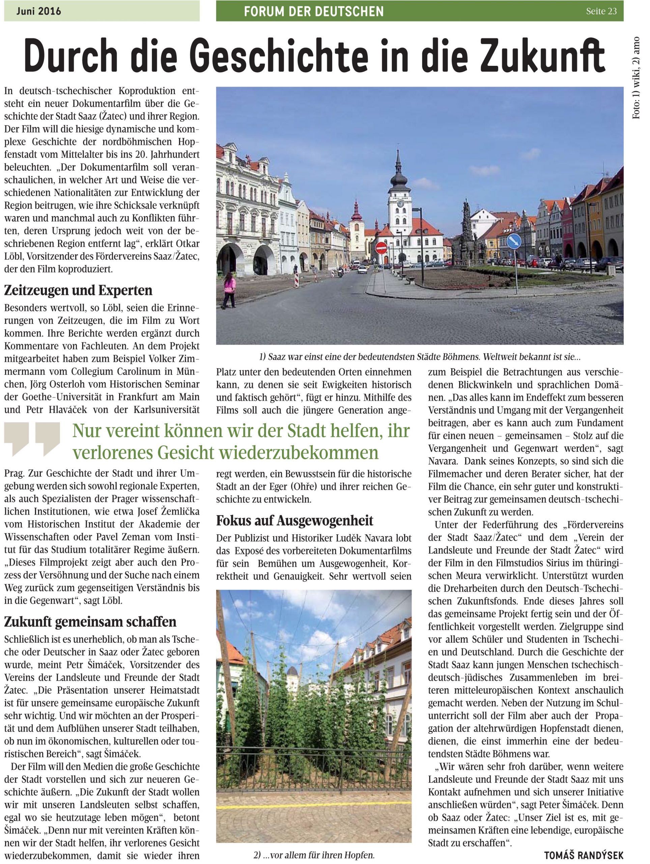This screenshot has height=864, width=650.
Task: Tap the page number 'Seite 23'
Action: (x=601, y=11)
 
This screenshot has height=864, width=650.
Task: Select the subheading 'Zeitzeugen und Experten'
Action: (x=78, y=290)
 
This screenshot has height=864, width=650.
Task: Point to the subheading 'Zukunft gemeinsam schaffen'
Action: (x=90, y=621)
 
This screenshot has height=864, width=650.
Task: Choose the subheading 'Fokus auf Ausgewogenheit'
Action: (x=295, y=520)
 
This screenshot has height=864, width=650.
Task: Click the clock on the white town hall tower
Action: (x=400, y=203)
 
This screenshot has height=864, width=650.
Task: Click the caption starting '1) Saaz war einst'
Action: (x=420, y=357)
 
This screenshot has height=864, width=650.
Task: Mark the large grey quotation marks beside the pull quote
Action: (x=32, y=439)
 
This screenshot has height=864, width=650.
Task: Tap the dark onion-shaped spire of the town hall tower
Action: (x=398, y=180)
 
